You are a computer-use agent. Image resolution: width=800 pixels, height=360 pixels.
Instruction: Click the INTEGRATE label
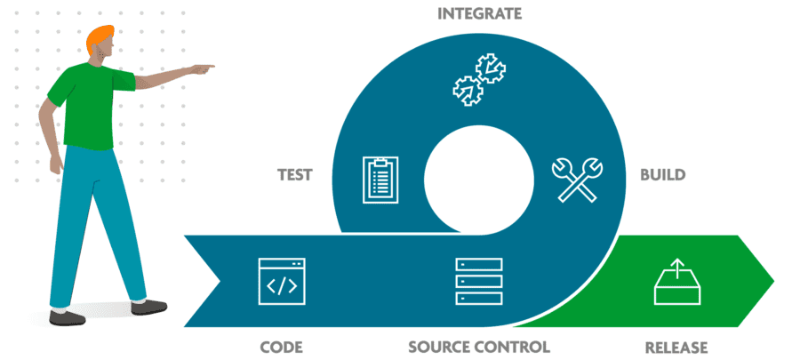pos(479,14)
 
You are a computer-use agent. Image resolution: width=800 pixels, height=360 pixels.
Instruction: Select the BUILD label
pos(662,174)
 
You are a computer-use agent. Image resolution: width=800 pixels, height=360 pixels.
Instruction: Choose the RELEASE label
pos(675,346)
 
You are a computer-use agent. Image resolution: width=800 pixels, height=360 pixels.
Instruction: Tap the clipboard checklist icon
pos(381,179)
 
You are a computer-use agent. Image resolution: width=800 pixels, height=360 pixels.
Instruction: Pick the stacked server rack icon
pos(479,282)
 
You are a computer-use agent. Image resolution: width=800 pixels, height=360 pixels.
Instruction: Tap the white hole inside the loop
pos(479,177)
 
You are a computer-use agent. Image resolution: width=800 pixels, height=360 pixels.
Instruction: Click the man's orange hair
pos(100,38)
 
